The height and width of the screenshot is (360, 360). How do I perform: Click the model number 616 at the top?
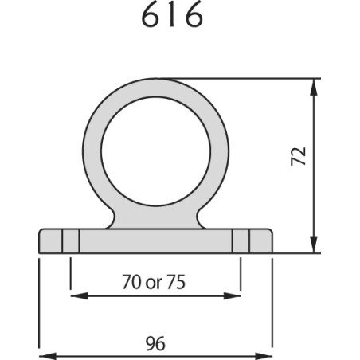pyautogui.click(x=172, y=15)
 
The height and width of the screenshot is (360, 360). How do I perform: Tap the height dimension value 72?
pyautogui.click(x=299, y=156)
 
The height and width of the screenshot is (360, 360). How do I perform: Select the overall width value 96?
pyautogui.click(x=155, y=343)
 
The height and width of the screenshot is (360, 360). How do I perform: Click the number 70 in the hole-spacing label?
pyautogui.click(x=131, y=282)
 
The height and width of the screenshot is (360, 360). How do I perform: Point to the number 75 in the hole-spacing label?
pyautogui.click(x=176, y=282)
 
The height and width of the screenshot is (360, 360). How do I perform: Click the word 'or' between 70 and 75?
pyautogui.click(x=154, y=284)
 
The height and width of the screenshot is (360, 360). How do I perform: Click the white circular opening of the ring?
pyautogui.click(x=156, y=151)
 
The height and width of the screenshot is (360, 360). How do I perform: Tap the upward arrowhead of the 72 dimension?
pyautogui.click(x=314, y=87)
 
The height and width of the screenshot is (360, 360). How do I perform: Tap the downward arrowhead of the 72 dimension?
pyautogui.click(x=314, y=245)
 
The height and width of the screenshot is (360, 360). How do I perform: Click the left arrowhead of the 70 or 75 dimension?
pyautogui.click(x=79, y=295)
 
